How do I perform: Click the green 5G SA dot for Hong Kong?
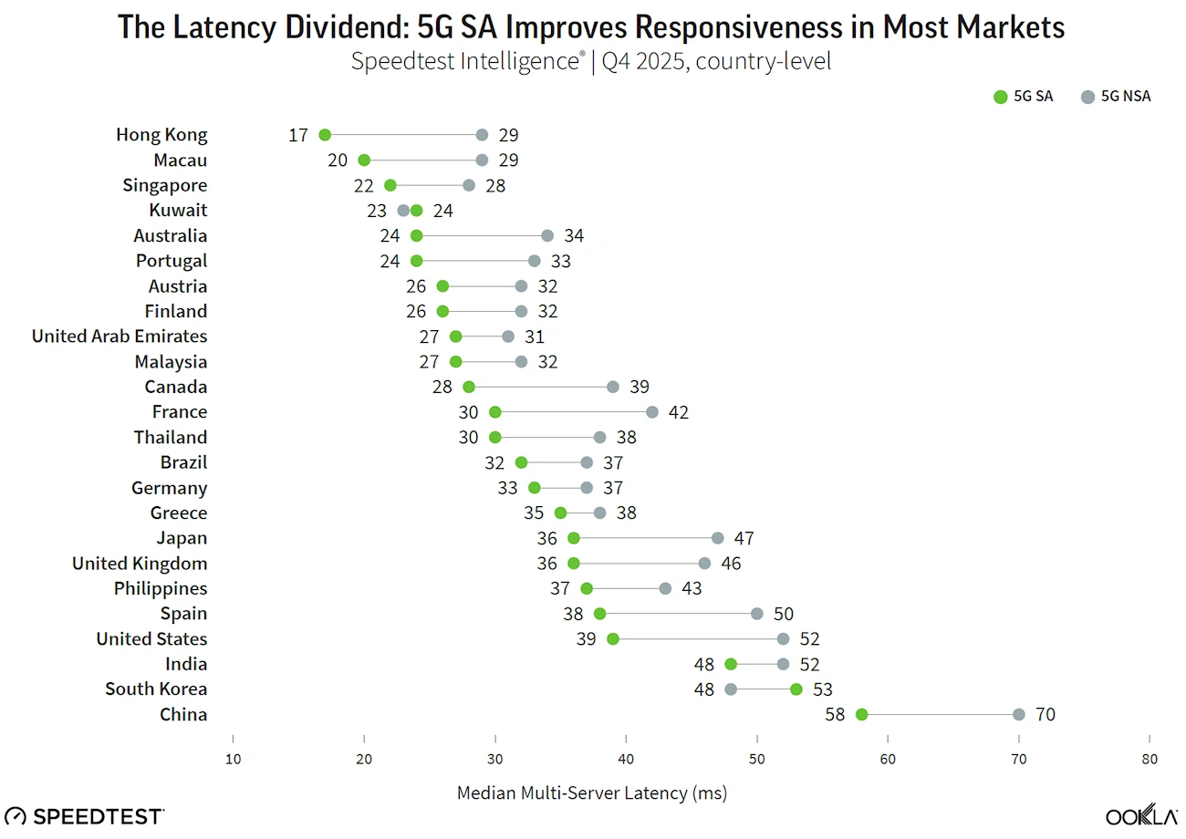[325, 135]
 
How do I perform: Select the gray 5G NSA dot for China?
[1019, 714]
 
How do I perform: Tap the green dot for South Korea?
[796, 689]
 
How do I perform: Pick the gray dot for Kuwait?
[403, 211]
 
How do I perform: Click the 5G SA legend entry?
[1024, 97]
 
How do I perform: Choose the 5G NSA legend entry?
[1115, 97]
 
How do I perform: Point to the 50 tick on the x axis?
[757, 760]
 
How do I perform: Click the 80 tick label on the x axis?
[1150, 760]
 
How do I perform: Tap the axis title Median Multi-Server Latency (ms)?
[591, 792]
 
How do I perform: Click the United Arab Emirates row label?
[120, 337]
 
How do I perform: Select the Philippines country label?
[161, 588]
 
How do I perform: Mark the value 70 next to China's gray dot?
[1045, 714]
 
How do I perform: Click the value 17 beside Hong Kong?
[298, 135]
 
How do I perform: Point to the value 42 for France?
[678, 412]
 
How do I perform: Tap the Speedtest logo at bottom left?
[85, 815]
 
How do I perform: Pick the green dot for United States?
[613, 638]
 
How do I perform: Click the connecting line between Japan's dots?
[646, 538]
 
